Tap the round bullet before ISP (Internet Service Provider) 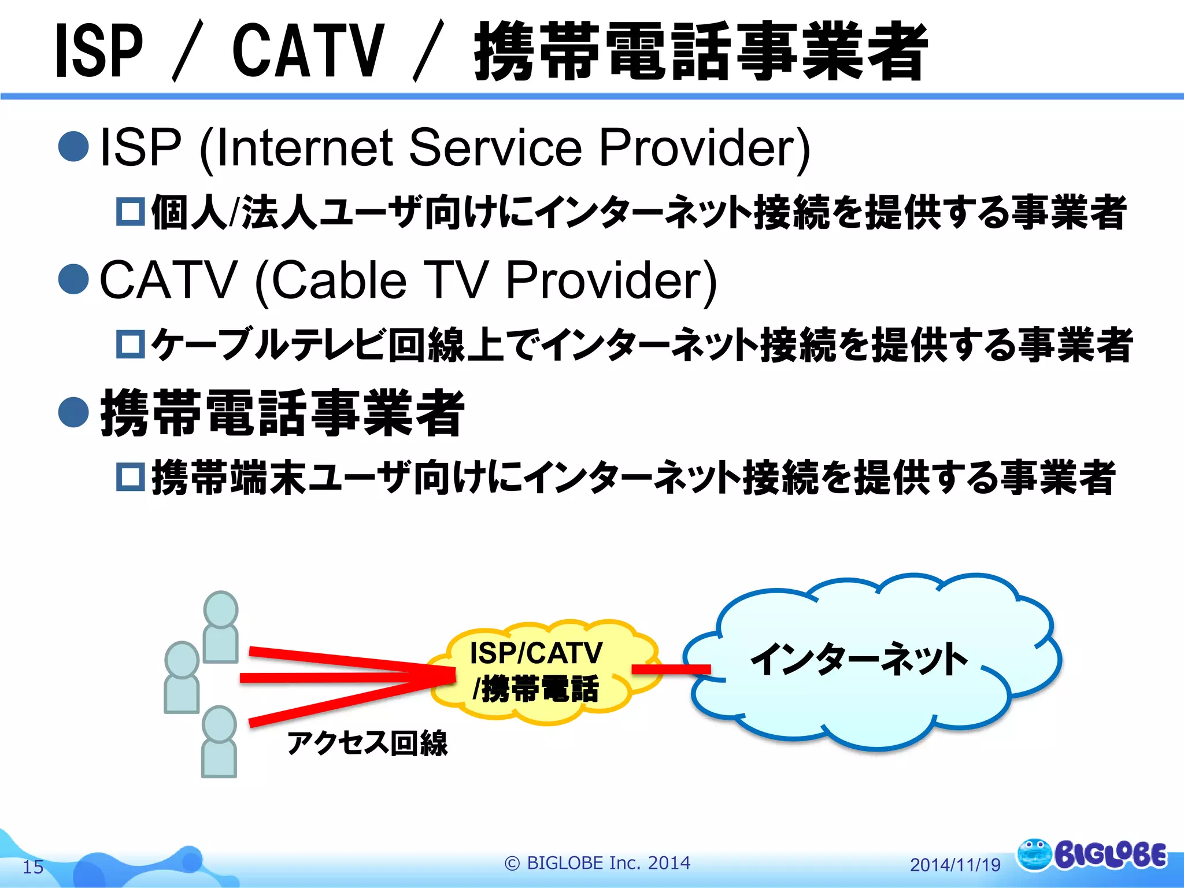click(73, 146)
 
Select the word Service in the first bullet click(495, 147)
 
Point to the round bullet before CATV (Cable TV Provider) click(73, 279)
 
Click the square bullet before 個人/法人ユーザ click(130, 212)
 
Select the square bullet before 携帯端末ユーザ click(130, 477)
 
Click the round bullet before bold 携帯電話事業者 click(73, 412)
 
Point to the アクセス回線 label click(367, 743)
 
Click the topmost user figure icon click(221, 627)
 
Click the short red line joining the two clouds click(671, 669)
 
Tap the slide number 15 click(33, 867)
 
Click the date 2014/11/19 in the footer click(955, 865)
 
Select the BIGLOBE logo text click(1110, 856)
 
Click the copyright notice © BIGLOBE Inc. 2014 click(597, 863)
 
